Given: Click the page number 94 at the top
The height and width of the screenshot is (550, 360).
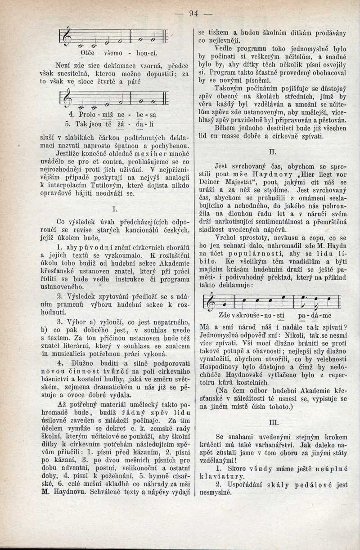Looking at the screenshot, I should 194,13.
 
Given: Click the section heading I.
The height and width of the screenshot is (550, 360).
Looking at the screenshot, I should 116,209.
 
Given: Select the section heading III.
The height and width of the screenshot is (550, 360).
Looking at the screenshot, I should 273,423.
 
